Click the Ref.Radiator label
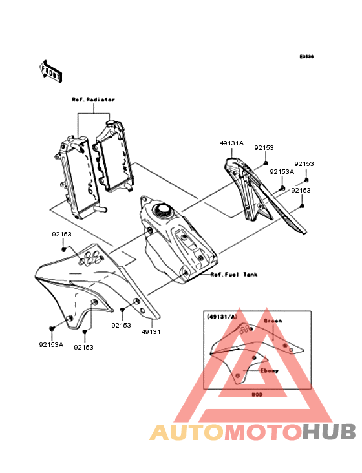pos(93,100)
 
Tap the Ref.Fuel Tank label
pos(234,275)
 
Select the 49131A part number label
pos(231,143)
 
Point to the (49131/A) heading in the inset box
pos(220,317)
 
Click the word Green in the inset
pos(272,320)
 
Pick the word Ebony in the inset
pos(270,371)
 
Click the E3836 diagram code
pos(306,57)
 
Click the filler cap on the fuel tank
pos(162,211)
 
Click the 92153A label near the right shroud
pos(282,172)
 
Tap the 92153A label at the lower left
pos(50,344)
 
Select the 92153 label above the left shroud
pos(63,235)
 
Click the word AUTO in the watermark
pos(187,432)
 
